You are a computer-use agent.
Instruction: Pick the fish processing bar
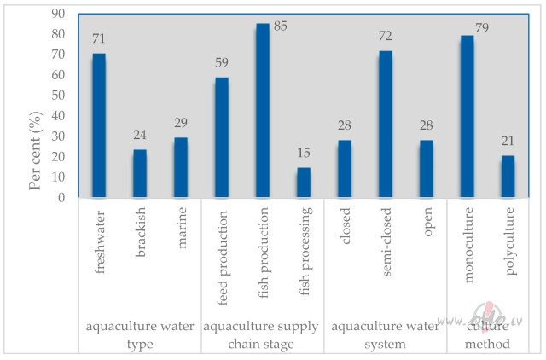(x=304, y=183)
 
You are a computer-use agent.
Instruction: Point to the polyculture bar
(x=508, y=177)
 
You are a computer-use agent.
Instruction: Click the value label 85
(x=280, y=27)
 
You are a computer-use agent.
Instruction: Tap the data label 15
(x=304, y=154)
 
